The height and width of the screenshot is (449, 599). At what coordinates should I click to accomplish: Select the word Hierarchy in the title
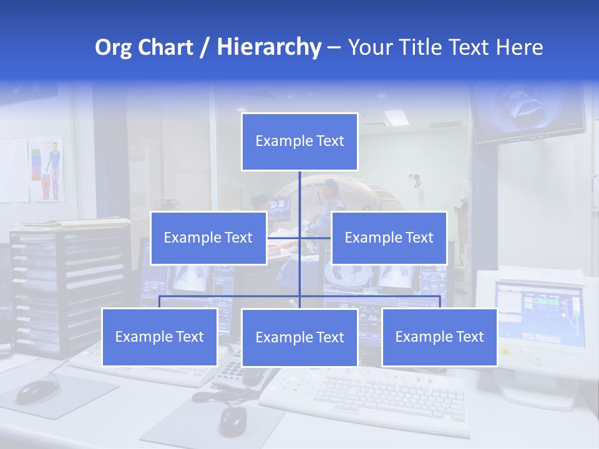point(269,47)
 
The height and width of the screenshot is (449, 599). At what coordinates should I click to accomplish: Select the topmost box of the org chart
point(299,142)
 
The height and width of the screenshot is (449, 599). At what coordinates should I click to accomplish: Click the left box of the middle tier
point(208,238)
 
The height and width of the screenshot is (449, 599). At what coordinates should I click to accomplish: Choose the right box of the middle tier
point(389,238)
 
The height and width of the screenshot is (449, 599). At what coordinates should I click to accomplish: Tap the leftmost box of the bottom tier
point(160,337)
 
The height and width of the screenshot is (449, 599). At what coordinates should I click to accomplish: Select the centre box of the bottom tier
point(299,337)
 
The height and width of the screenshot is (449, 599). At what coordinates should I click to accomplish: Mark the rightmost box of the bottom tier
point(439,337)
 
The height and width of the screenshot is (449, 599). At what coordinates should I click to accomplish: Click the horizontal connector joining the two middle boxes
point(299,238)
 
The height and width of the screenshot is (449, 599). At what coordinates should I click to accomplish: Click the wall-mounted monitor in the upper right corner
point(528,112)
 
